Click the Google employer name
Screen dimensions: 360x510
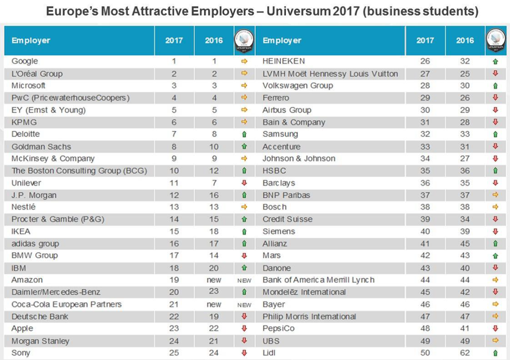click(x=24, y=61)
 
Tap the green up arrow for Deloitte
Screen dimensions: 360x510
click(x=244, y=134)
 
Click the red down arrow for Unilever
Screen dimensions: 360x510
click(x=244, y=183)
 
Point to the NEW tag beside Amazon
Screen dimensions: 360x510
click(x=244, y=280)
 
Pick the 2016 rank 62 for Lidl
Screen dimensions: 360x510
click(x=465, y=353)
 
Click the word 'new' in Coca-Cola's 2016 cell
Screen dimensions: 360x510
click(x=214, y=304)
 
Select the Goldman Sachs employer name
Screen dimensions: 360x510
click(x=41, y=147)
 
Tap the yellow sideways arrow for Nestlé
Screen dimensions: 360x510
click(x=244, y=207)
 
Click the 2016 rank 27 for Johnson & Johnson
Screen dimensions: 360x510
click(x=465, y=159)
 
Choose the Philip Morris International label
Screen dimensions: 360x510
click(x=309, y=317)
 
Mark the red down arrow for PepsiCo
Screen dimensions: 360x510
click(x=495, y=329)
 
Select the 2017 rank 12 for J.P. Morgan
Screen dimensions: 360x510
click(x=174, y=195)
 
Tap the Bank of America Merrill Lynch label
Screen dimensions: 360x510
click(x=318, y=280)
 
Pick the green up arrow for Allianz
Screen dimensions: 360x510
click(x=495, y=244)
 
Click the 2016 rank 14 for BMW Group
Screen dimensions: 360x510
click(x=214, y=256)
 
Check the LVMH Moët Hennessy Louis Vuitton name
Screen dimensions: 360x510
click(x=330, y=74)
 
